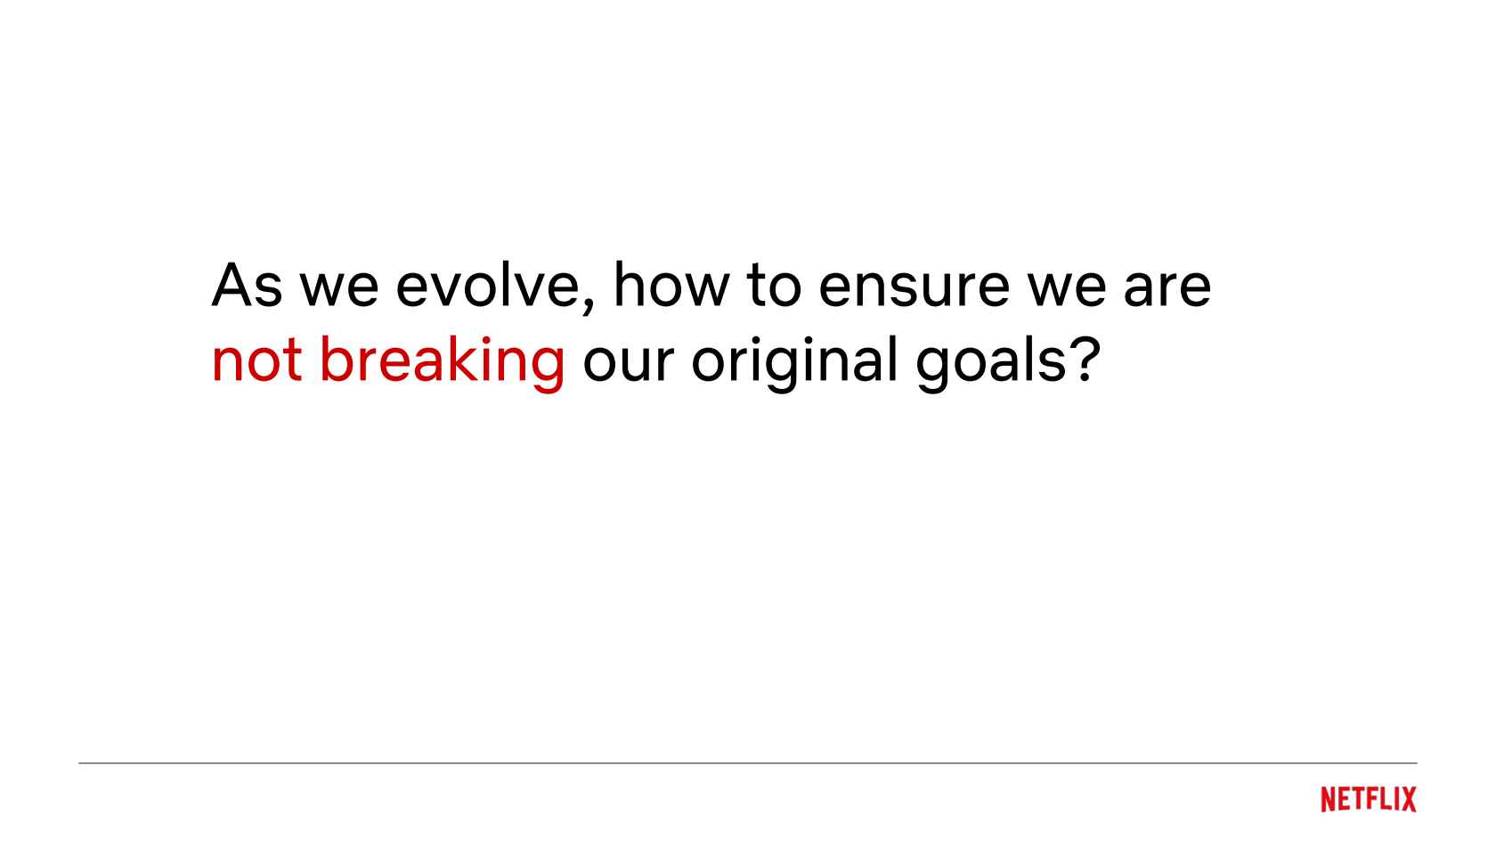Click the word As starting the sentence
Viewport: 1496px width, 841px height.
pyautogui.click(x=247, y=285)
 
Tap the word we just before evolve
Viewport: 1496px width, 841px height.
pyautogui.click(x=339, y=290)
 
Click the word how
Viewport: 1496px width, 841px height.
pyautogui.click(x=671, y=285)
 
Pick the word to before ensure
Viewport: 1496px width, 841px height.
pyautogui.click(x=773, y=287)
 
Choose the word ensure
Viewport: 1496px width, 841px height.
pyautogui.click(x=915, y=290)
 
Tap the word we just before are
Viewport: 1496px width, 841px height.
pyautogui.click(x=1067, y=290)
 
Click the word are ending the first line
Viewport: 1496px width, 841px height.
pyautogui.click(x=1167, y=290)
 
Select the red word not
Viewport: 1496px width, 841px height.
pyautogui.click(x=256, y=361)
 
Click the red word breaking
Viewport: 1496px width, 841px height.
pyautogui.click(x=442, y=363)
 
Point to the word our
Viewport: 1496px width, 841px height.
pyautogui.click(x=629, y=365)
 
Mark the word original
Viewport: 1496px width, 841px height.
pyautogui.click(x=794, y=363)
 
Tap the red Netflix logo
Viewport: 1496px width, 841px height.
pyautogui.click(x=1369, y=799)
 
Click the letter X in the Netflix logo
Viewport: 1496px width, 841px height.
pyautogui.click(x=1408, y=799)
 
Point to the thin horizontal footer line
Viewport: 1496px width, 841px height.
pyautogui.click(x=748, y=763)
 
